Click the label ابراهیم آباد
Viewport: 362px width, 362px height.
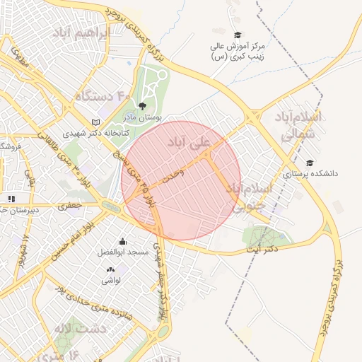79,34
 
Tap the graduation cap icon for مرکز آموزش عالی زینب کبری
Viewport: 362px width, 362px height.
238,35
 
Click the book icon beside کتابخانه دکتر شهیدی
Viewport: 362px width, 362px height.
96,122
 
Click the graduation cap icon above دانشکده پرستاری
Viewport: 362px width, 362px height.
310,163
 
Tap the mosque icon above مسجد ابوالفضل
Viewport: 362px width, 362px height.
123,241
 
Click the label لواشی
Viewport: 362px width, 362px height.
111,280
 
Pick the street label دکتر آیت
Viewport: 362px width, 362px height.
262,249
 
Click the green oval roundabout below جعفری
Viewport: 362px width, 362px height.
112,206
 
